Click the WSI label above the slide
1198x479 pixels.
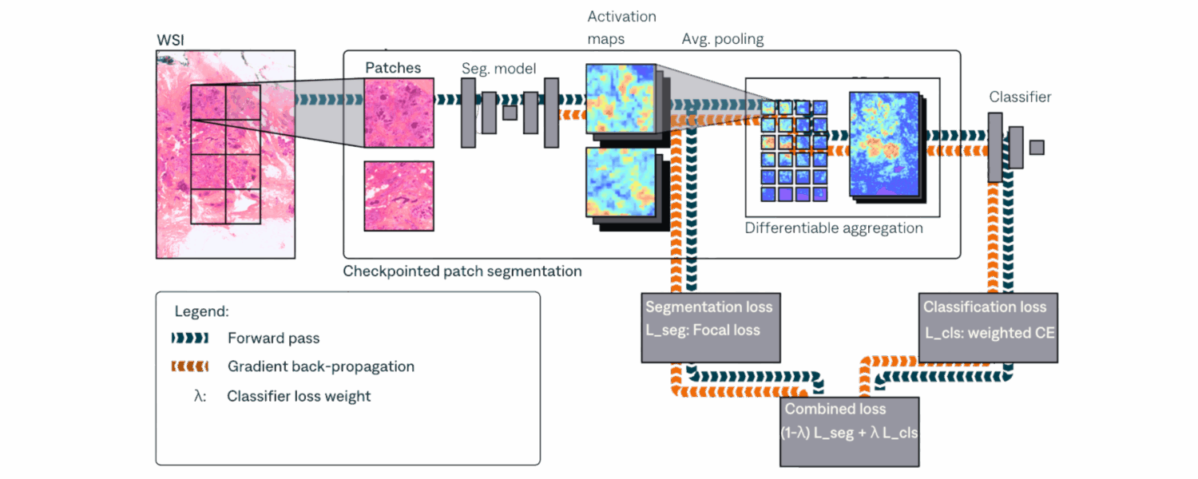coord(170,40)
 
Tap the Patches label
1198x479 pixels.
coord(393,68)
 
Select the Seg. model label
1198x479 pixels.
coord(498,69)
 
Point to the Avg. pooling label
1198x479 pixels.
coord(723,39)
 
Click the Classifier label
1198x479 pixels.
coord(1020,97)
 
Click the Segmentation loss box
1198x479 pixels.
coord(711,327)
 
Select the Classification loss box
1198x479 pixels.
coord(989,327)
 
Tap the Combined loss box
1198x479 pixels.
coord(849,432)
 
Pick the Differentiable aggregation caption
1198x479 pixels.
coord(834,228)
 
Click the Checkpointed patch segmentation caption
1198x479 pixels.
coord(462,271)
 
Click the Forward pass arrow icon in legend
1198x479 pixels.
coord(190,338)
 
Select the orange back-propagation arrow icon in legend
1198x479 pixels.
coord(190,366)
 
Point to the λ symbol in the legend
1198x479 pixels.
coord(200,396)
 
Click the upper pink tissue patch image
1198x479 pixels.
coord(399,113)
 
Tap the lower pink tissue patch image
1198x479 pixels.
coord(399,196)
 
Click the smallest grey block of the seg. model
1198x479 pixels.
coord(510,113)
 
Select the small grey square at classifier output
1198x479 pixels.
coord(1037,147)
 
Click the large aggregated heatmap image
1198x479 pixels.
coord(885,144)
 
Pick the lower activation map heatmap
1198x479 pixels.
coord(621,182)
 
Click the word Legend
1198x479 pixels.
coord(201,311)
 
